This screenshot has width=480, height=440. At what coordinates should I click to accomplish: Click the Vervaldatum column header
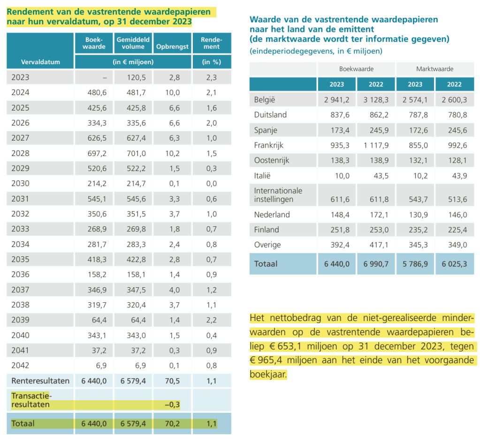pyautogui.click(x=40, y=62)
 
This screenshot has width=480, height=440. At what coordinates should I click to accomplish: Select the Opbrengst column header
pyautogui.click(x=172, y=47)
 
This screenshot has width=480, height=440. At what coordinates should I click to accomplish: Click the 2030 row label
pyautogui.click(x=20, y=184)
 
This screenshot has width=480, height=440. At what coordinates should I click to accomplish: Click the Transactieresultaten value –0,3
pyautogui.click(x=172, y=404)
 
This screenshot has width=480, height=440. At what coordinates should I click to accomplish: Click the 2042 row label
pyautogui.click(x=20, y=365)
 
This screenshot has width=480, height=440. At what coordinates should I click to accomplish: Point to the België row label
pyautogui.click(x=264, y=99)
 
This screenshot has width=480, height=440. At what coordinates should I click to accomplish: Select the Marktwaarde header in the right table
pyautogui.click(x=434, y=69)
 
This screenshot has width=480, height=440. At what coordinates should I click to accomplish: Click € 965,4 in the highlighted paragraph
pyautogui.click(x=269, y=361)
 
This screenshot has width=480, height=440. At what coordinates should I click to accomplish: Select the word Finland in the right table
pyautogui.click(x=267, y=230)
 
